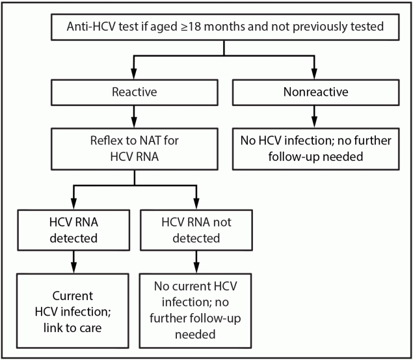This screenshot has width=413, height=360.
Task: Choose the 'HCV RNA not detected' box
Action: pyautogui.click(x=196, y=230)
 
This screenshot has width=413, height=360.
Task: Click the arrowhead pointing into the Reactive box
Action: pyautogui.click(x=134, y=75)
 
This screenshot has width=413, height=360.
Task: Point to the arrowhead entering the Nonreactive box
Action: pyautogui.click(x=315, y=75)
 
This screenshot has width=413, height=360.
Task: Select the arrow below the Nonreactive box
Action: pyautogui.click(x=315, y=120)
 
